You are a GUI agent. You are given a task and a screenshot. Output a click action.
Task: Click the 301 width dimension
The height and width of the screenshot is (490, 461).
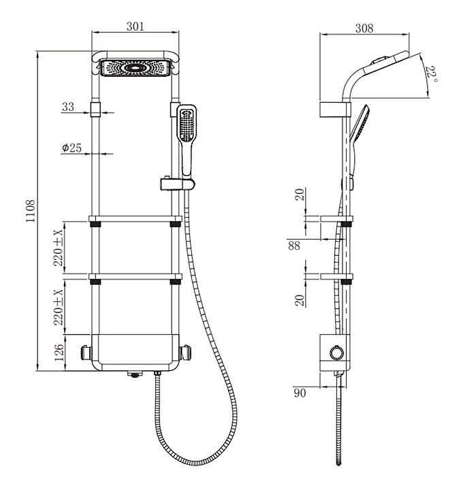(136, 27)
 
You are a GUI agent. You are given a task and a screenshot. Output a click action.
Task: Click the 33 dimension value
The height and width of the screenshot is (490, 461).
(68, 107)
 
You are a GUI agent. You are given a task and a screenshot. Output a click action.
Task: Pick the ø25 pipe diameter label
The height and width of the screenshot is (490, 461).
(71, 147)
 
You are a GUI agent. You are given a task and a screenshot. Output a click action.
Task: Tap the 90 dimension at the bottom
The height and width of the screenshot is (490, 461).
(300, 393)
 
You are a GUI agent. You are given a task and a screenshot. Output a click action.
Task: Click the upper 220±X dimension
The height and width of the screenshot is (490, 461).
(59, 248)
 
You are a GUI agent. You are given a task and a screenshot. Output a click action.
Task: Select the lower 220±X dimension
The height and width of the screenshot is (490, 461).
(59, 305)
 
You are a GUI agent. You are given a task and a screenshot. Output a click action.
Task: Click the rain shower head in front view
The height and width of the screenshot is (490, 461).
(135, 68)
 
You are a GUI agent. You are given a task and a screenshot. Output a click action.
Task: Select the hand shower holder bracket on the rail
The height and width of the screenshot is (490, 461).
(177, 183)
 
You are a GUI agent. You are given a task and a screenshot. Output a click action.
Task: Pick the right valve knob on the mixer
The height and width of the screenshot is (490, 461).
(186, 353)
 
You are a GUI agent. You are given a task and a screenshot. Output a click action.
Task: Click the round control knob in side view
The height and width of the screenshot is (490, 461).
(334, 352)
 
